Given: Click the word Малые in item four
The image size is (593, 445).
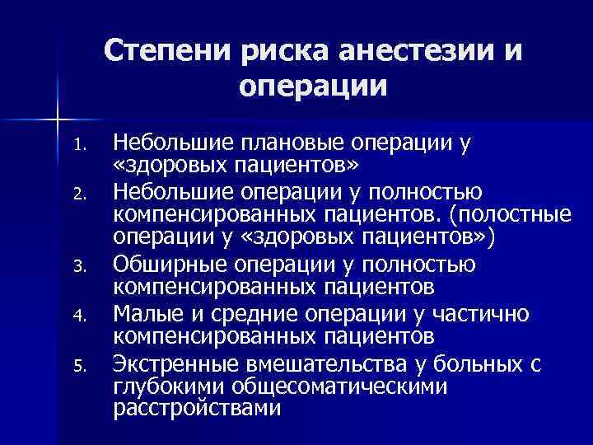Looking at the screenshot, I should pyautogui.click(x=145, y=314).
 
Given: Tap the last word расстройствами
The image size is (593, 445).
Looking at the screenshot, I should pyautogui.click(x=196, y=408).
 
